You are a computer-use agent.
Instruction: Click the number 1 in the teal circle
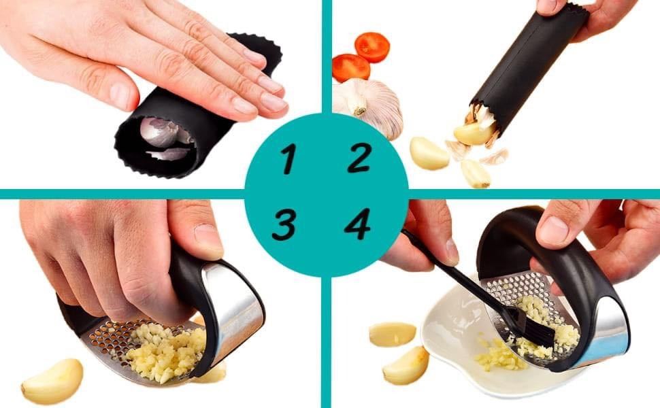(x=289, y=158)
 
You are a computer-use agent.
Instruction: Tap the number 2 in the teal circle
(x=359, y=157)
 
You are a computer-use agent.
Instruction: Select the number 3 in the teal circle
(x=284, y=224)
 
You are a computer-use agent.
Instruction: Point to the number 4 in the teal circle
(x=358, y=224)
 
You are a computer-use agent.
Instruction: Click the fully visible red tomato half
(x=372, y=47)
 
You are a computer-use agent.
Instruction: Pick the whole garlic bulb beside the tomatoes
(x=370, y=105)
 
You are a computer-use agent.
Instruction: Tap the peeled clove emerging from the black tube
(x=475, y=133)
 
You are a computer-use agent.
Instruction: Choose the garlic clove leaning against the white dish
(x=406, y=366)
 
